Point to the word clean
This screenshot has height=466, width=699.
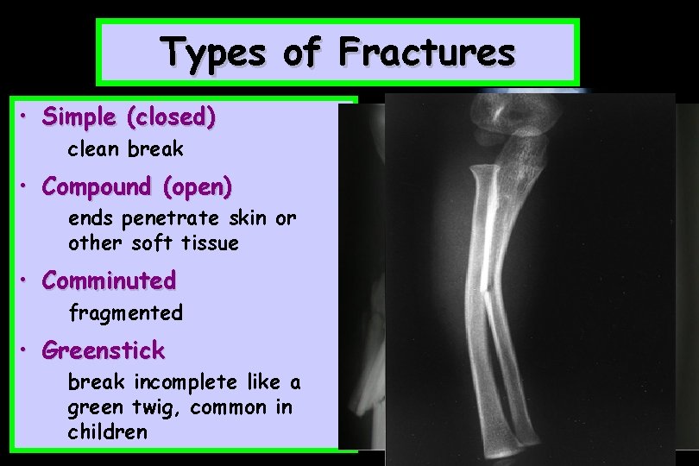pos(95,148)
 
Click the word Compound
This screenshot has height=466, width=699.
pos(97,186)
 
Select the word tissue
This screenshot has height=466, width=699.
pos(211,243)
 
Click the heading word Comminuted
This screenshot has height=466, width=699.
pos(109,280)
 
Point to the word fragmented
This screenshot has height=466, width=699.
pos(126,312)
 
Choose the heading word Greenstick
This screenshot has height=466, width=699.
pos(104,350)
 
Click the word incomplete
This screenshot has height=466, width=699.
pos(188,381)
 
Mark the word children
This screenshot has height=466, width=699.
pos(108,431)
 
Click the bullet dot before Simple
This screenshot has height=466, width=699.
pos(27,116)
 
